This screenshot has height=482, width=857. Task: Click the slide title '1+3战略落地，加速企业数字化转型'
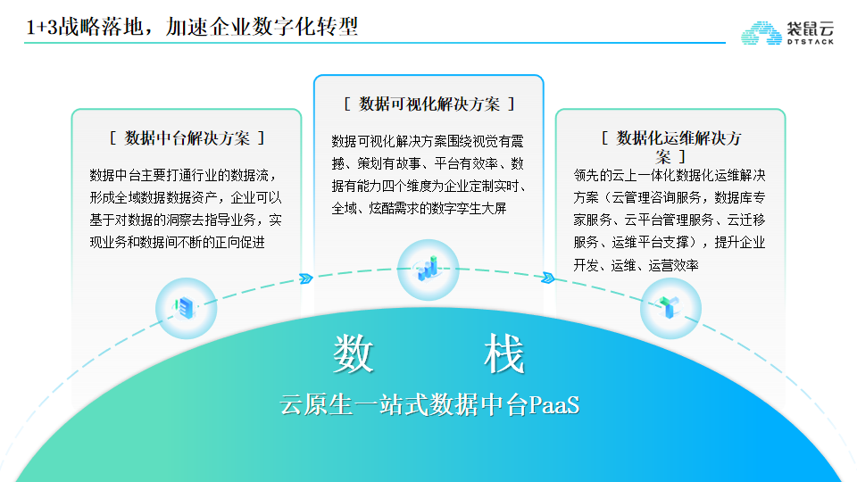pyautogui.click(x=192, y=26)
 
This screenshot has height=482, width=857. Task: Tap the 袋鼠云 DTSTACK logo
pyautogui.click(x=787, y=33)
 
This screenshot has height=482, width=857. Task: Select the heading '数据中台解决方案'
pyautogui.click(x=187, y=138)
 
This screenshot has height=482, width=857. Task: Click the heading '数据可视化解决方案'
pyautogui.click(x=429, y=104)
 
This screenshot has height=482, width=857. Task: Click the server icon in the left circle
pyautogui.click(x=186, y=308)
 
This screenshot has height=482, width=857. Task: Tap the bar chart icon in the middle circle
pyautogui.click(x=428, y=269)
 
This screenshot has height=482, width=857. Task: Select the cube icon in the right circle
pyautogui.click(x=670, y=307)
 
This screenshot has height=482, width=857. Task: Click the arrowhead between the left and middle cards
pyautogui.click(x=306, y=278)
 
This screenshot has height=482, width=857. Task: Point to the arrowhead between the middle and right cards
pyautogui.click(x=548, y=278)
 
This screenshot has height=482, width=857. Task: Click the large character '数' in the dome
pyautogui.click(x=354, y=354)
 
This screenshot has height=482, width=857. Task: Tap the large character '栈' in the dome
pyautogui.click(x=503, y=354)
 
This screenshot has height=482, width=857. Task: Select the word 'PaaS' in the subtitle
pyautogui.click(x=554, y=405)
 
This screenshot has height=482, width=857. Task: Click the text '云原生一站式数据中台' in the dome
pyautogui.click(x=404, y=405)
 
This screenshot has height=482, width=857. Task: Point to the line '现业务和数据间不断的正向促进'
pyautogui.click(x=177, y=242)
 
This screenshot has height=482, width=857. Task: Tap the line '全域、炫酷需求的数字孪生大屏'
pyautogui.click(x=419, y=208)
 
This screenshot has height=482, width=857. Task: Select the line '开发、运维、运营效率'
pyautogui.click(x=637, y=266)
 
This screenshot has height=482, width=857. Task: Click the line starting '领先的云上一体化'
pyautogui.click(x=670, y=176)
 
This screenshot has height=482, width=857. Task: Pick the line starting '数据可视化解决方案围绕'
pyautogui.click(x=428, y=142)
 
